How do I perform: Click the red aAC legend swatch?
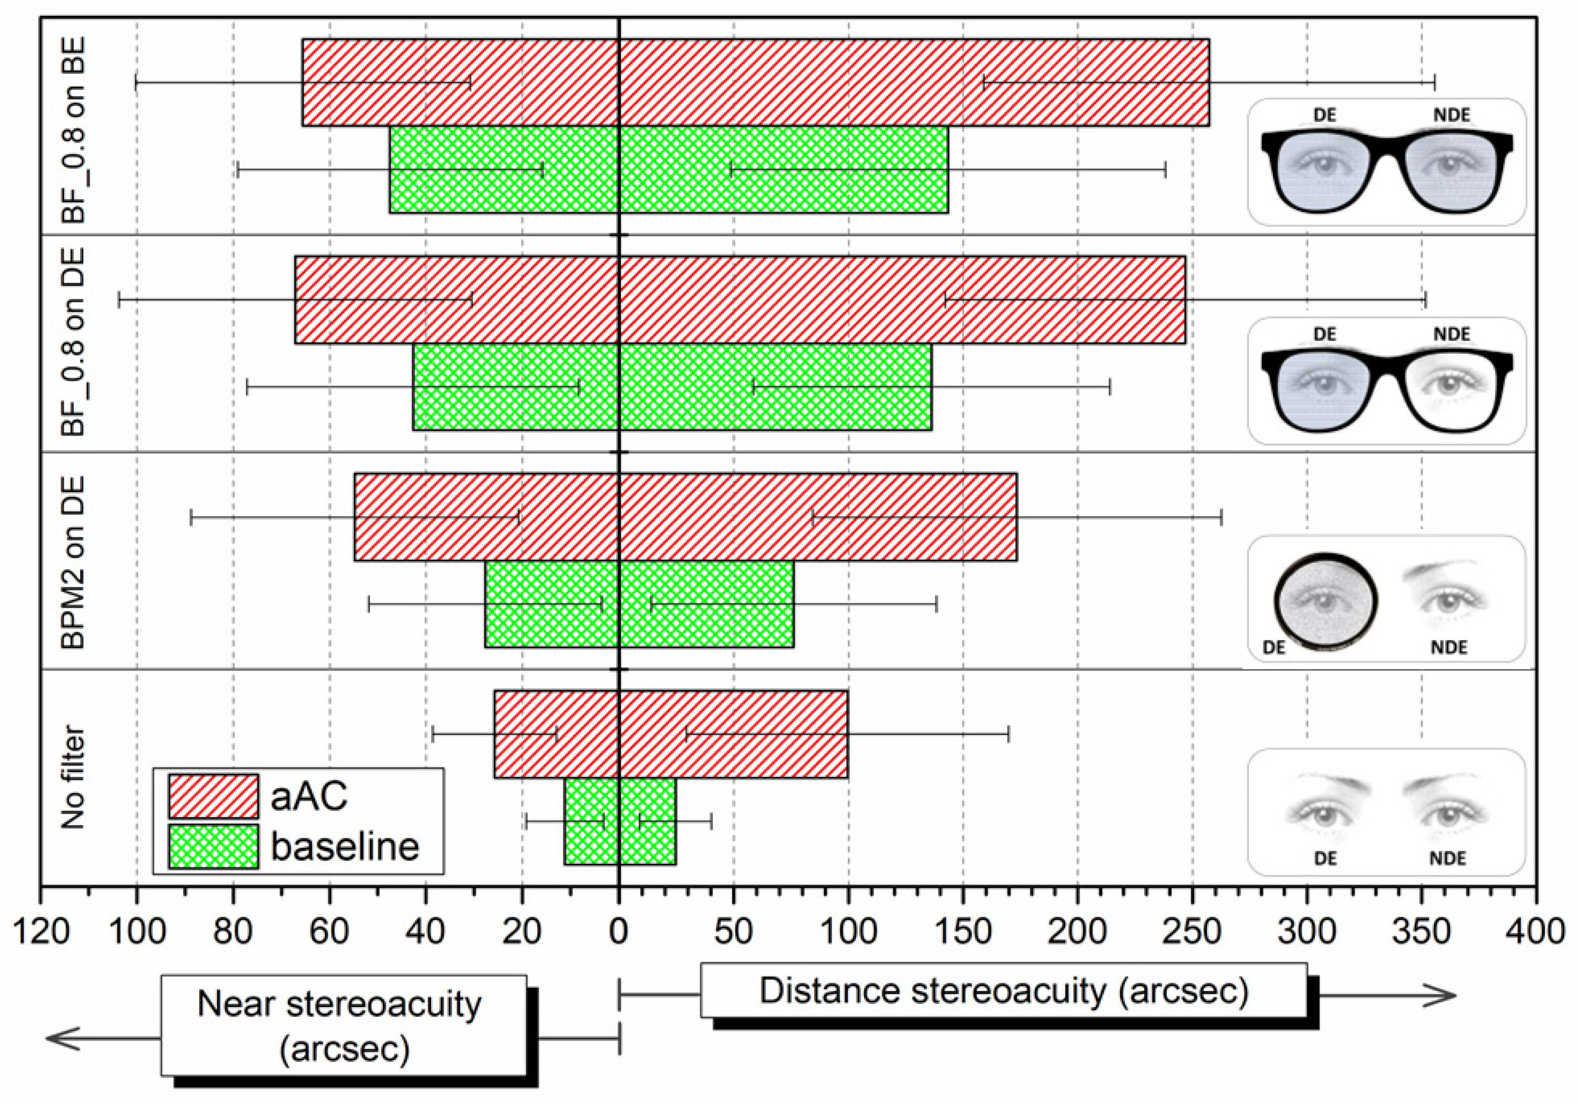(x=214, y=796)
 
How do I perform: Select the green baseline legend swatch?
(x=214, y=846)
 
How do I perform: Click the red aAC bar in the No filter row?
(x=671, y=734)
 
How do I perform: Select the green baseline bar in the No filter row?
(x=620, y=821)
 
